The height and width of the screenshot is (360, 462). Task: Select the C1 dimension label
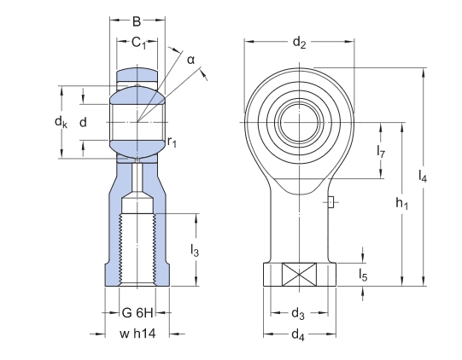(x=137, y=44)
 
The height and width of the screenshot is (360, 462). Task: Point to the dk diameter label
(x=61, y=124)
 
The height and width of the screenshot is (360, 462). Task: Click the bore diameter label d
(x=83, y=123)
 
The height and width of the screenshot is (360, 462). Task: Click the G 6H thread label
(x=137, y=312)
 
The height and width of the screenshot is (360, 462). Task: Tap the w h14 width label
(x=137, y=333)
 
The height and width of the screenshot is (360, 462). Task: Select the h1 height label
(x=401, y=205)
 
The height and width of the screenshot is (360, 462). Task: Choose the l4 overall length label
(x=423, y=177)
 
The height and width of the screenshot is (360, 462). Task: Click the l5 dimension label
(x=363, y=275)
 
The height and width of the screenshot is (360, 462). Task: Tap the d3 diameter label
(x=299, y=312)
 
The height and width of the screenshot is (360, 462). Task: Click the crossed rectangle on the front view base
(x=299, y=275)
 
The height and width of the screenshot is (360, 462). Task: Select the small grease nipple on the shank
(x=329, y=202)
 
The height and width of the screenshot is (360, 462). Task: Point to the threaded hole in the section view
(x=137, y=247)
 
